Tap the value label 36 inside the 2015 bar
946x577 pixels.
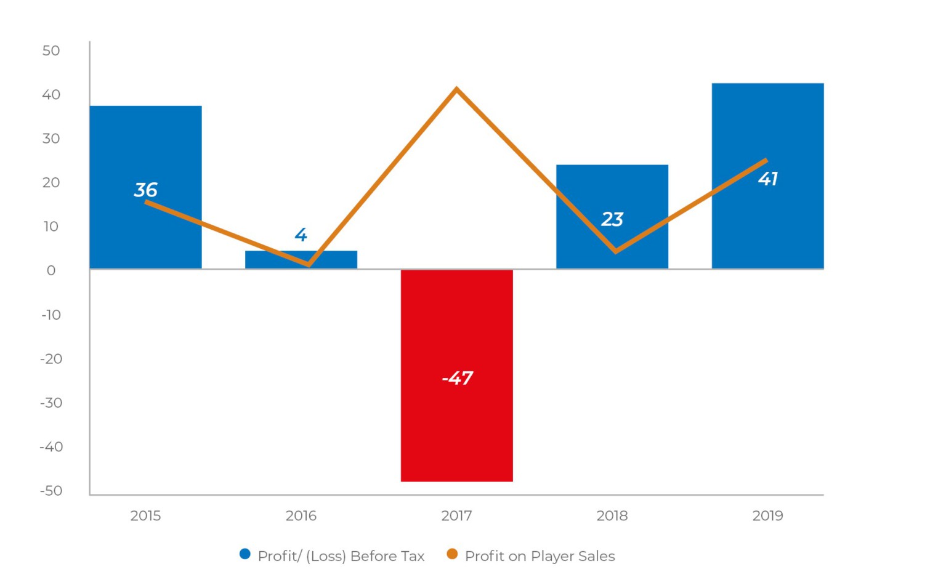click(146, 190)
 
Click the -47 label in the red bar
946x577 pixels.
click(458, 377)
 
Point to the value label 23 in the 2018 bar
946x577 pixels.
click(612, 219)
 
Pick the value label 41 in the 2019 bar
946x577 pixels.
click(768, 179)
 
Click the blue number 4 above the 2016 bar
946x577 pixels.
click(301, 235)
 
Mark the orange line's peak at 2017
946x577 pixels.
click(456, 89)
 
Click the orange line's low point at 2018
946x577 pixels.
click(615, 251)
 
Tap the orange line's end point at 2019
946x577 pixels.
click(766, 161)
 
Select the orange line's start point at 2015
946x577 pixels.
click(147, 202)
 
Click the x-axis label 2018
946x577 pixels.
click(612, 515)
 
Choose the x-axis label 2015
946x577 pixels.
click(145, 515)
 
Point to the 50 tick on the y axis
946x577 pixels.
click(51, 50)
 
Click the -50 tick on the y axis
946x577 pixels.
click(51, 491)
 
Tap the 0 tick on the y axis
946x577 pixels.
click(51, 270)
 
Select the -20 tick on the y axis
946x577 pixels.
click(51, 358)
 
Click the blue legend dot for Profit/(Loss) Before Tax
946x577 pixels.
click(245, 554)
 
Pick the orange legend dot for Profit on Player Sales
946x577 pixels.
click(452, 554)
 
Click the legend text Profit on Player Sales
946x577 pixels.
click(540, 556)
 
